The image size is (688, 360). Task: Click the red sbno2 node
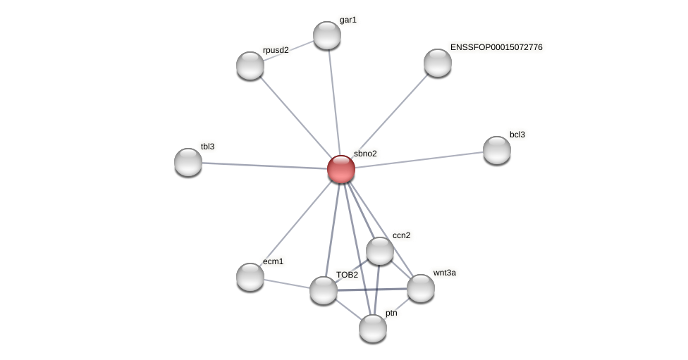click(x=341, y=169)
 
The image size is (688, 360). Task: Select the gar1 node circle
click(x=327, y=35)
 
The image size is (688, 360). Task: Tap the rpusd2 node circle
click(x=250, y=66)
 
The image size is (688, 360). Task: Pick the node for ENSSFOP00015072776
click(x=438, y=63)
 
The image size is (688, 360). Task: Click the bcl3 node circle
click(x=497, y=150)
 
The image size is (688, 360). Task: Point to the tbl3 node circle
click(x=188, y=162)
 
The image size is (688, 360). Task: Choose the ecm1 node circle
click(x=250, y=277)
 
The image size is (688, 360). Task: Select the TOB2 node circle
click(x=324, y=290)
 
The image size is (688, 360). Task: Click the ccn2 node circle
click(x=380, y=251)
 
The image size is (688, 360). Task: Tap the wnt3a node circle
click(x=421, y=288)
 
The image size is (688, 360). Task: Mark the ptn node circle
click(x=373, y=328)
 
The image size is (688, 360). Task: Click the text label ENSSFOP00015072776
click(x=496, y=47)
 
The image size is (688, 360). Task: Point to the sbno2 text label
click(x=365, y=154)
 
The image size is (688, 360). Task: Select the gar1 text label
click(x=348, y=20)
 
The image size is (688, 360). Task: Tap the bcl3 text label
click(x=517, y=135)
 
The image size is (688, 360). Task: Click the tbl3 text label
click(x=207, y=147)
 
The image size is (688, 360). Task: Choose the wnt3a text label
click(x=444, y=273)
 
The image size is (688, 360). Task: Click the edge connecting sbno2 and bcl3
click(x=419, y=159)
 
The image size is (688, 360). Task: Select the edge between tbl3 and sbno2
click(x=264, y=166)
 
